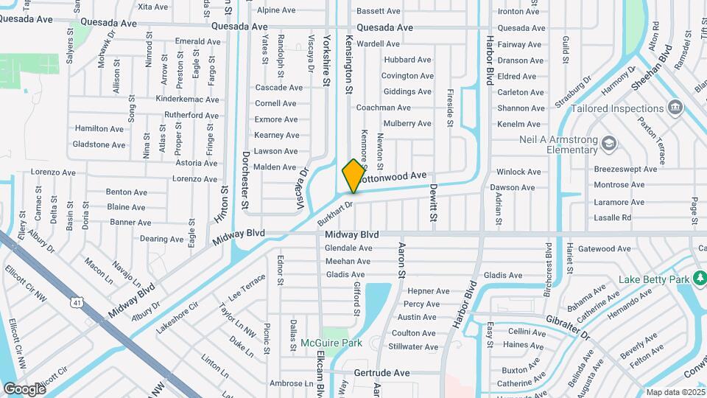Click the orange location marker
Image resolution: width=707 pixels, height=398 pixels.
point(353,175)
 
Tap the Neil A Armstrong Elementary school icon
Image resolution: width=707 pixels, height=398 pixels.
point(608,143)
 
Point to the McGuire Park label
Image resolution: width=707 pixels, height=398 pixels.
point(331,343)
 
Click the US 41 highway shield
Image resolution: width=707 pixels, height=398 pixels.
point(77,301)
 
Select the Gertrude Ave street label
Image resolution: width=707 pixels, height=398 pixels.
point(381,373)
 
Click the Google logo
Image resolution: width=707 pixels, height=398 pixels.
point(24,389)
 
